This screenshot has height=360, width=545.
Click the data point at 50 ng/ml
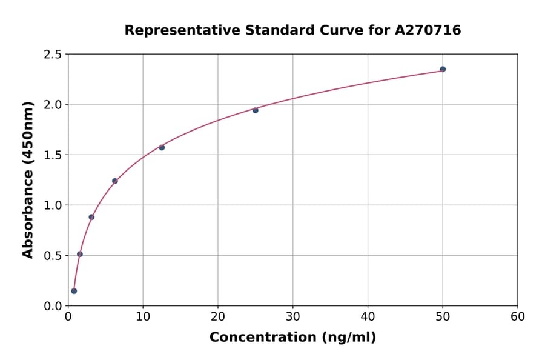coord(443,69)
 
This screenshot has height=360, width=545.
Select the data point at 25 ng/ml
coord(256,110)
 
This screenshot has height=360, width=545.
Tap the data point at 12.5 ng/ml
coord(162,147)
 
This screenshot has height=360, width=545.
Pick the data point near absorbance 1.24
coord(115,181)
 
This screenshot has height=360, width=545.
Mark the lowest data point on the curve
coord(74,291)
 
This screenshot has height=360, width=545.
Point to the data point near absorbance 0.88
coord(91,217)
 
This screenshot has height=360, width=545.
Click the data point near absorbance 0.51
coord(80,254)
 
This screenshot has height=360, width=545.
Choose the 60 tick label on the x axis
coord(518,316)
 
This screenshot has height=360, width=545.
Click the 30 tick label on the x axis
coord(293,316)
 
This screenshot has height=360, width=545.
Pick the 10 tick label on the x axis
coord(143,316)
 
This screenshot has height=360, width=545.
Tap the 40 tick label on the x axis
coord(368,316)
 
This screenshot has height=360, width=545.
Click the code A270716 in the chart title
coord(428,30)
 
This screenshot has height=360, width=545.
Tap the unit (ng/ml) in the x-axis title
coord(349,338)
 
